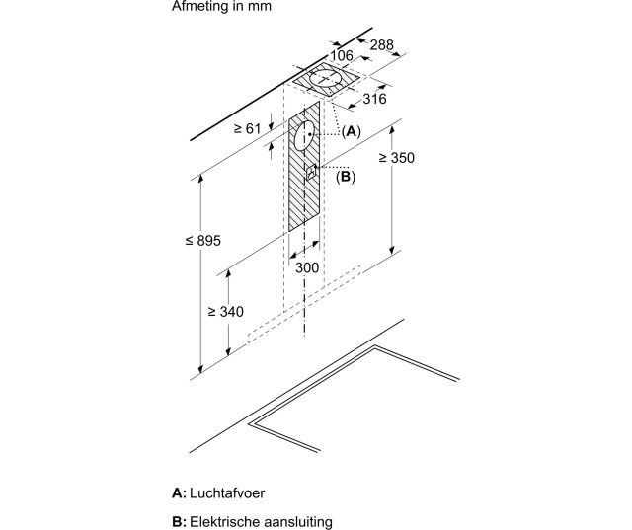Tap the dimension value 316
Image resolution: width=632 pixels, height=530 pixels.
click(x=374, y=98)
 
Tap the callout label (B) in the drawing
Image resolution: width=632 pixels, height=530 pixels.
click(x=345, y=177)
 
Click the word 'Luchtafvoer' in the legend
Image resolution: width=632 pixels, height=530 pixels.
click(x=232, y=492)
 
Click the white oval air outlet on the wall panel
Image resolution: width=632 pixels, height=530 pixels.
click(x=303, y=137)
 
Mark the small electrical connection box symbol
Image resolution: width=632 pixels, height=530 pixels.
click(x=311, y=173)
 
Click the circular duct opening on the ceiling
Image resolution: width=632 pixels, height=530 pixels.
click(x=327, y=79)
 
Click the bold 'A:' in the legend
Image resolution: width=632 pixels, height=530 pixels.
click(x=178, y=492)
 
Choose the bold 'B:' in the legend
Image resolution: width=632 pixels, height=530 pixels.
click(x=178, y=520)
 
